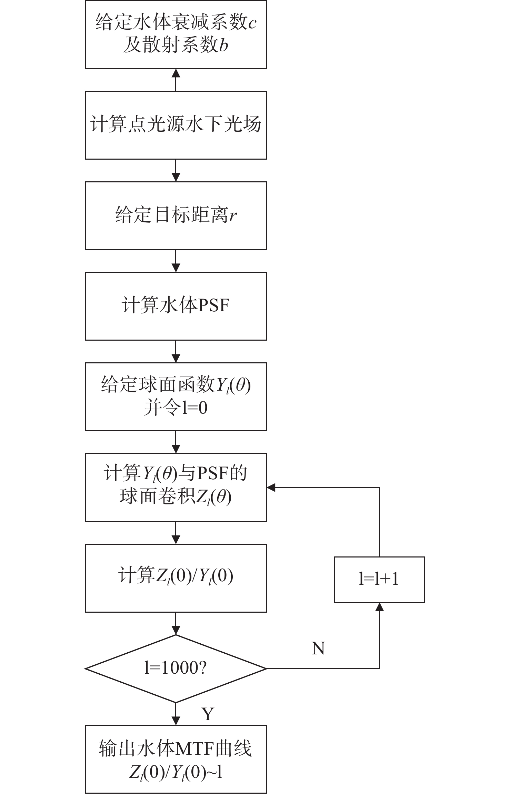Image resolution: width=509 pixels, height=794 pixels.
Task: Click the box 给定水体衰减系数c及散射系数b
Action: tap(176, 34)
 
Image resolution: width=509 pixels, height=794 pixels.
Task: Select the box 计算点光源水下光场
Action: tap(176, 125)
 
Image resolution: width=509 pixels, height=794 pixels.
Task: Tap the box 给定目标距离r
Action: tap(176, 215)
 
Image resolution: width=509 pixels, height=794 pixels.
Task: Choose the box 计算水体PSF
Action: tap(176, 306)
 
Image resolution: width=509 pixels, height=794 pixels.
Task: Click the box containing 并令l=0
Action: tap(176, 396)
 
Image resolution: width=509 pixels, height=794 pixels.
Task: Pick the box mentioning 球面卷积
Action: tap(176, 487)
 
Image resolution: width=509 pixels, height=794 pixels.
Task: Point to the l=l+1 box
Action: tap(379, 580)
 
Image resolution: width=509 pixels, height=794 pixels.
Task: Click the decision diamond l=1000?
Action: tap(176, 669)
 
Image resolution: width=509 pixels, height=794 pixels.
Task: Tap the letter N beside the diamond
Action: tap(318, 649)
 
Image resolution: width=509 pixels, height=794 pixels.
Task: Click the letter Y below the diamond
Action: tap(208, 714)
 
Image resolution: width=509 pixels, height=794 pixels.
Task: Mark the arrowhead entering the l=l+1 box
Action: tap(379, 607)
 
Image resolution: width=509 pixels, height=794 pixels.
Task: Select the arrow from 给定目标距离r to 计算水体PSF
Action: tap(176, 261)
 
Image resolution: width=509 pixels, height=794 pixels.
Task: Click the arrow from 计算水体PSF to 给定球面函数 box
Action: tap(176, 351)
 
